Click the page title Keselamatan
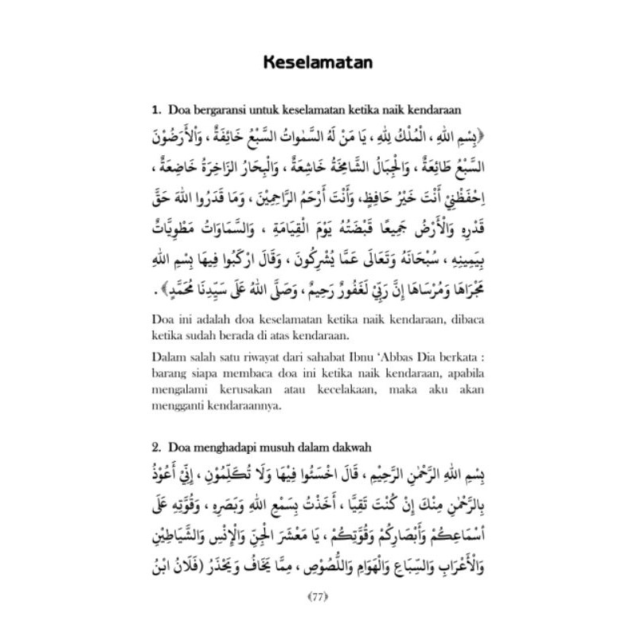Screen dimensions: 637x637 tap(318, 61)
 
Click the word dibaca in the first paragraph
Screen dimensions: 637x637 tap(471, 320)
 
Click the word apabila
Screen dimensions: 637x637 tap(467, 372)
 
